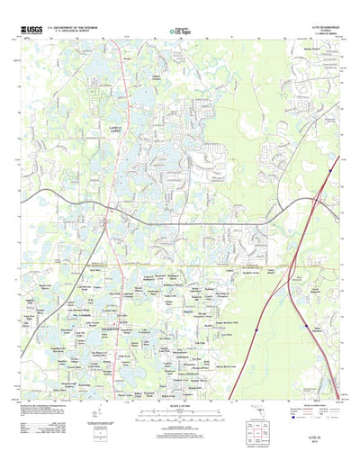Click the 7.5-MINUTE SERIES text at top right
click(x=319, y=36)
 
